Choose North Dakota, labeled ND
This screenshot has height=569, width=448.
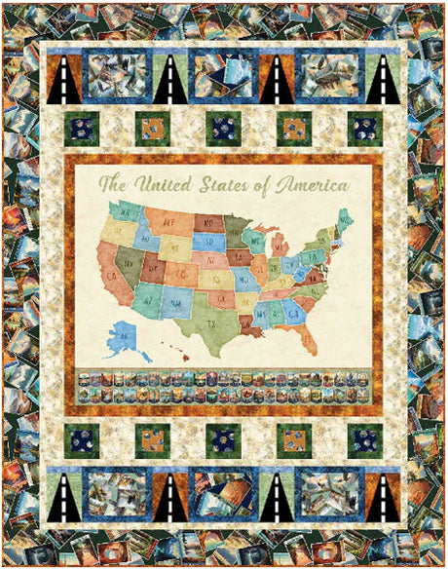pos(207,222)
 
